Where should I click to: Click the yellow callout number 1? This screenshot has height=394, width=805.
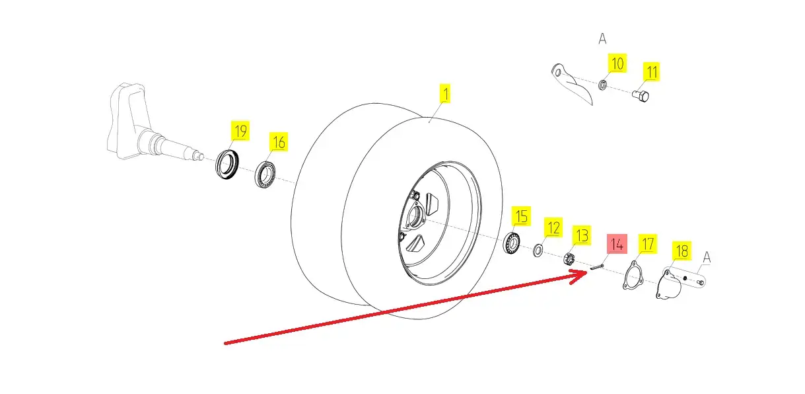(445, 94)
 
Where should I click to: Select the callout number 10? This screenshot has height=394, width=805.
(617, 64)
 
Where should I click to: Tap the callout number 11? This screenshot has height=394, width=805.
(652, 71)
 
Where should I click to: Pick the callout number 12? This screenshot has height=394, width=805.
(553, 229)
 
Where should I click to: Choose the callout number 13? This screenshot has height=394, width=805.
(581, 235)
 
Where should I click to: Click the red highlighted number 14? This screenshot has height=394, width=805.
(616, 244)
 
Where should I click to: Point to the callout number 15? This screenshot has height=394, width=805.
(522, 216)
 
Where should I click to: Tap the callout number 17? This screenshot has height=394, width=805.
(648, 244)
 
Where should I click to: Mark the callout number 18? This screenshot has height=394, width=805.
(682, 251)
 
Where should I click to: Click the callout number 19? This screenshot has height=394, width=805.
(240, 131)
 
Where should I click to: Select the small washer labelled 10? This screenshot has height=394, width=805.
(603, 85)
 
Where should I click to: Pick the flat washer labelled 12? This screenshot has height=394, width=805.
(538, 250)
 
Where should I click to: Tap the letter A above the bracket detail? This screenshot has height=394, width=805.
(602, 40)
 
